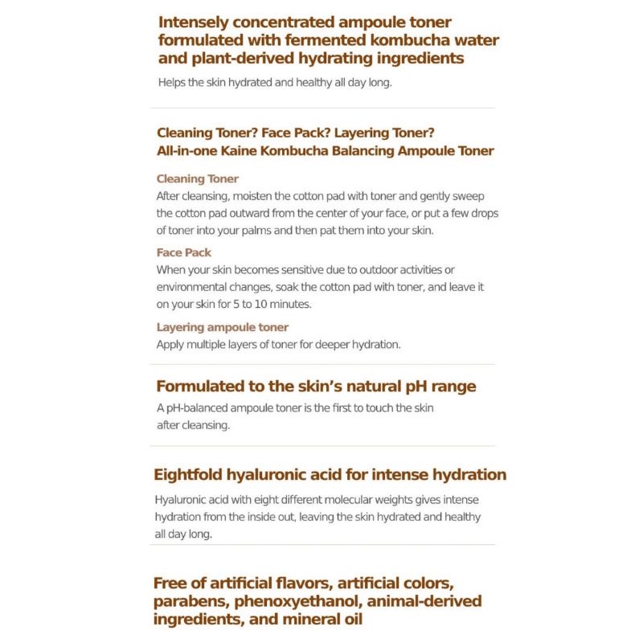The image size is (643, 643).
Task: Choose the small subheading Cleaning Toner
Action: [198, 178]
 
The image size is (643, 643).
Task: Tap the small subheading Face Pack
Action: [184, 252]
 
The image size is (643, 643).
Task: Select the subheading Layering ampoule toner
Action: [223, 327]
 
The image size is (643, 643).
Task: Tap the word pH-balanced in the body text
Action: [197, 408]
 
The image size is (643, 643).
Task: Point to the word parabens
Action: [187, 602]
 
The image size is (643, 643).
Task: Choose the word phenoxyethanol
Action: [292, 602]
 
